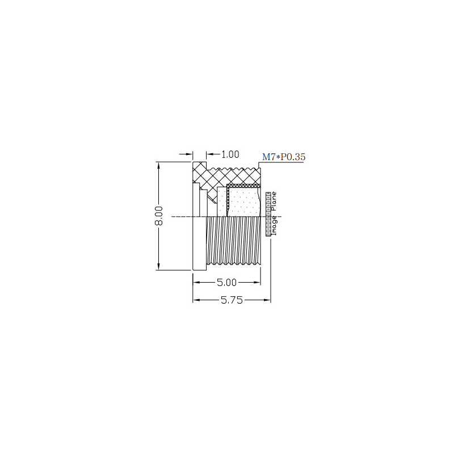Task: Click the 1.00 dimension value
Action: (230, 154)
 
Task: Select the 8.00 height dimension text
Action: (159, 216)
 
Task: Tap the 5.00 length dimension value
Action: (226, 282)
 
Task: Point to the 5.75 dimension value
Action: (232, 300)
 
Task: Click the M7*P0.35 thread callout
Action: (284, 157)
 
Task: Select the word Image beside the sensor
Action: (274, 225)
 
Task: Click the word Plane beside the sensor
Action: (274, 201)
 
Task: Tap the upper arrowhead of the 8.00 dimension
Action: (158, 166)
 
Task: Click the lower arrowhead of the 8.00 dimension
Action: (158, 266)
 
